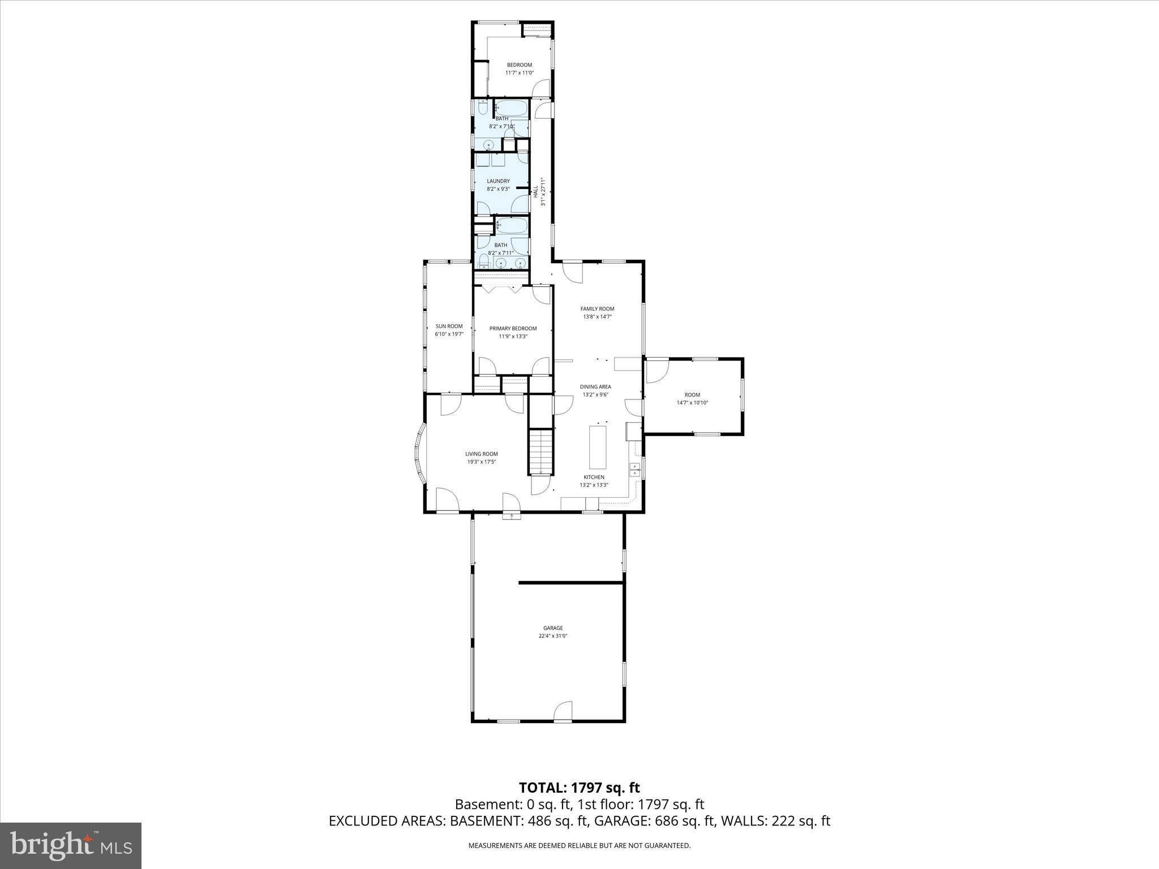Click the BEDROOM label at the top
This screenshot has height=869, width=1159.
[x=519, y=65]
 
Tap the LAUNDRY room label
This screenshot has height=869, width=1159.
[x=498, y=182]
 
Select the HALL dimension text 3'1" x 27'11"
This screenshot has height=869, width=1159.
[x=543, y=192]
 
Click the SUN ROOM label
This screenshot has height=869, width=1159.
[x=449, y=326]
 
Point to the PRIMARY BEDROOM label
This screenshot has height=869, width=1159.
[x=513, y=329]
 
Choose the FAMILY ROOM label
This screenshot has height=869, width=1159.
[x=597, y=309]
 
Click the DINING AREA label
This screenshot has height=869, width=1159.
[x=595, y=387]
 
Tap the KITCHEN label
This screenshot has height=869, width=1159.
[x=594, y=477]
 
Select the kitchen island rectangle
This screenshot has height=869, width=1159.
[x=598, y=448]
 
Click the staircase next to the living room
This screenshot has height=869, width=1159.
[x=541, y=451]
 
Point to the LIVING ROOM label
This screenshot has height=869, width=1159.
[x=482, y=454]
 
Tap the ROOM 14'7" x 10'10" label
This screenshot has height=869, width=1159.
[x=692, y=395]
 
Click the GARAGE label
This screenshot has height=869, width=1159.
[x=553, y=628]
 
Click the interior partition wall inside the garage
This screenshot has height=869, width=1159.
[x=572, y=582]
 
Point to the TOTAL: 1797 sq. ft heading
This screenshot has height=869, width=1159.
[x=579, y=788]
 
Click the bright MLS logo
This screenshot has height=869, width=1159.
[x=71, y=846]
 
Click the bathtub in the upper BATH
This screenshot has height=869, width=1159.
[x=512, y=107]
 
